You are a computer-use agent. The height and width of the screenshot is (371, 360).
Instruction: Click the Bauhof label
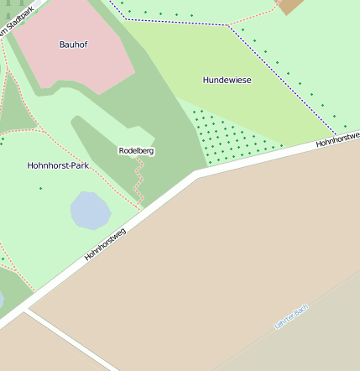(74, 44)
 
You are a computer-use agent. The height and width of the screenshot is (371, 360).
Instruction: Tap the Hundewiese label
(227, 80)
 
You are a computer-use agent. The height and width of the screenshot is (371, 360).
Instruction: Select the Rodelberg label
(136, 150)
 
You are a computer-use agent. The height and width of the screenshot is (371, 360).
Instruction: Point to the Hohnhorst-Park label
(58, 165)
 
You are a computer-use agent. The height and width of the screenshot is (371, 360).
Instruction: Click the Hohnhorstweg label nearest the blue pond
(105, 243)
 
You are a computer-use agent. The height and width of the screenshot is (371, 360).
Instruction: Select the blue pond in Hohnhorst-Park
(89, 210)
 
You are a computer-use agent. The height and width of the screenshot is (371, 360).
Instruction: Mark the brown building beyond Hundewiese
(290, 6)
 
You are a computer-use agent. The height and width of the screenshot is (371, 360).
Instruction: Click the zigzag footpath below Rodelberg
(140, 180)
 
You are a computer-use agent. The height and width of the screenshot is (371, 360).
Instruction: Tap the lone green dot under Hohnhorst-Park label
(40, 188)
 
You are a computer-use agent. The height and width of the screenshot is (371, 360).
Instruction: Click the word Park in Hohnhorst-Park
(79, 165)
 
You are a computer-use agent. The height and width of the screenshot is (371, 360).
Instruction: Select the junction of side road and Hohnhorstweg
(27, 309)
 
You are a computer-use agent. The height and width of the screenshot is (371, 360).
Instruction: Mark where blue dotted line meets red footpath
(227, 25)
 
